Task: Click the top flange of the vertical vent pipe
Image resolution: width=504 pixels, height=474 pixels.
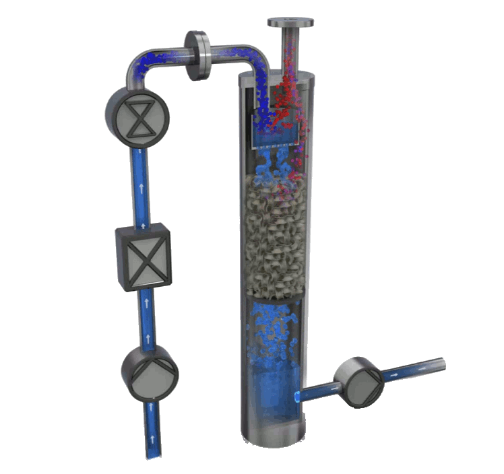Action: [291, 22]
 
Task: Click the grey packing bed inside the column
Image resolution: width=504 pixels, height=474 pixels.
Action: [276, 236]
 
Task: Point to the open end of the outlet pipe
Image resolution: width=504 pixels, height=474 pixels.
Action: [441, 362]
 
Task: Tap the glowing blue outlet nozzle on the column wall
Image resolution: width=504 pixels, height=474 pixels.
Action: [297, 397]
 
